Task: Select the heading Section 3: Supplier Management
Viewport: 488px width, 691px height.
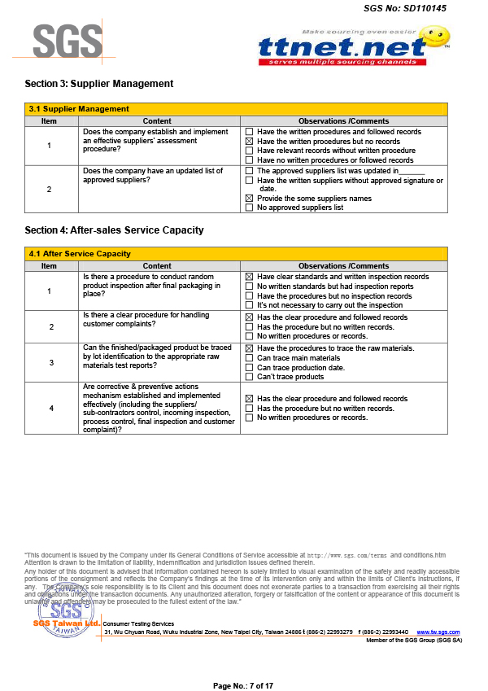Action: tap(99, 84)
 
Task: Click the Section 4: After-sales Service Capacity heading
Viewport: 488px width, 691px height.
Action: tap(114, 230)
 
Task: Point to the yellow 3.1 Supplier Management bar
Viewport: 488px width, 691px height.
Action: tap(236, 109)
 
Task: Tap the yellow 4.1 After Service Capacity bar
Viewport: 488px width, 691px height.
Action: tap(236, 254)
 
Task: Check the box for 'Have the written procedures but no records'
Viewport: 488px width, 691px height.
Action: tap(250, 142)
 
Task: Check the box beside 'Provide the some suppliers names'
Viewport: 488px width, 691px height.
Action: tap(250, 199)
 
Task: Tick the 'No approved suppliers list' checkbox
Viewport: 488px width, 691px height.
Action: tap(250, 208)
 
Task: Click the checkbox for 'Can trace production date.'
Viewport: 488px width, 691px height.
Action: tap(250, 368)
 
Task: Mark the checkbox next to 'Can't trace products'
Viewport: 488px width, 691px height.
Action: tap(250, 377)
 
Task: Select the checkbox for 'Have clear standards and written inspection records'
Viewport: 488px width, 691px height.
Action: tap(250, 277)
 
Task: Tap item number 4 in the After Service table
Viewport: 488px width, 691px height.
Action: tap(50, 408)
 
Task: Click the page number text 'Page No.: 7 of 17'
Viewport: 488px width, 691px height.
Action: tap(243, 686)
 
